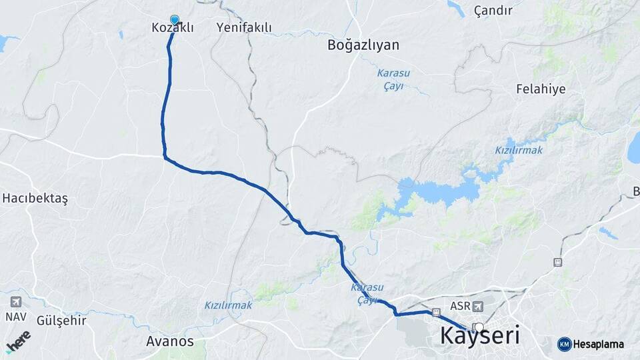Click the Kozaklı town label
tap(172, 28)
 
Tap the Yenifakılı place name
tap(244, 28)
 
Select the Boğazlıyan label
tap(363, 45)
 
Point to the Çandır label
tap(493, 11)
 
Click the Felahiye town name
tap(541, 88)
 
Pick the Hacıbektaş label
tap(35, 198)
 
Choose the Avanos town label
tap(169, 341)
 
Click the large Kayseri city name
tap(480, 336)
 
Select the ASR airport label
tap(460, 306)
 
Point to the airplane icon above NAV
tap(15, 301)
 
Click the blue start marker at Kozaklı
tap(175, 21)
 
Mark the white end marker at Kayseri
tap(478, 327)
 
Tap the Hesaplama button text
tap(599, 344)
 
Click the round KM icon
tap(564, 344)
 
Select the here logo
tap(18, 340)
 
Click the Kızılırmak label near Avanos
tap(228, 305)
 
